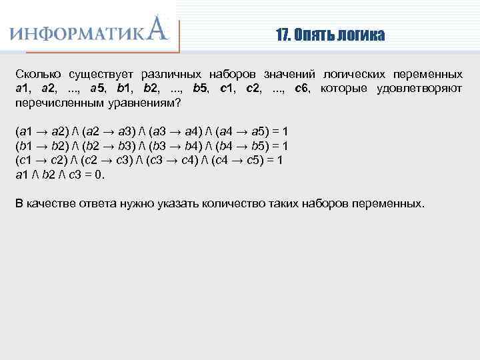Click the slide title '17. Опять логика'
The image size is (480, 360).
330,35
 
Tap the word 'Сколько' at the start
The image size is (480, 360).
37,73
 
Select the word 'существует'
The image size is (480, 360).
95,73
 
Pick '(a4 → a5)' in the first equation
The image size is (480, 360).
244,131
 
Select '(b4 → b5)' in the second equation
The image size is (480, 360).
244,145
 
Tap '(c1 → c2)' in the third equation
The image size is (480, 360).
39,160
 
